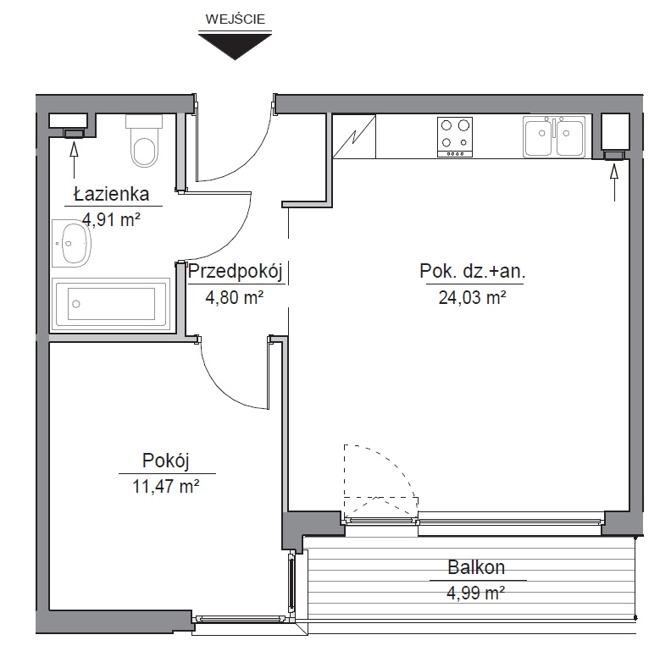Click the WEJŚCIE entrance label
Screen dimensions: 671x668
coord(235,19)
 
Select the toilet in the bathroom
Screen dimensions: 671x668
coord(144,141)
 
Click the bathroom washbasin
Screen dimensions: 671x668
coord(72,244)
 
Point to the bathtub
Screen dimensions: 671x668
coord(110,304)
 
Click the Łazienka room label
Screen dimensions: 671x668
coord(112,195)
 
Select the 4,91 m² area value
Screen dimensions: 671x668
coord(112,220)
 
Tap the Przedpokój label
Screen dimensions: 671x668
coord(235,272)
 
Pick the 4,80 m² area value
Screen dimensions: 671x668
coord(235,297)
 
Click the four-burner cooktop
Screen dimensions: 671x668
coord(455,137)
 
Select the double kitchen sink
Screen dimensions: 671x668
coord(554,136)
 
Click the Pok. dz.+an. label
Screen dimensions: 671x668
coord(473,271)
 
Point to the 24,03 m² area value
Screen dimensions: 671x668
coord(473,297)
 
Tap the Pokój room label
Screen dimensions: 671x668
coord(165,461)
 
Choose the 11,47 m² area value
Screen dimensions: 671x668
coord(165,486)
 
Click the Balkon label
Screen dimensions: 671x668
coord(476,567)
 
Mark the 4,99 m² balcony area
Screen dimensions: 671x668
coord(476,593)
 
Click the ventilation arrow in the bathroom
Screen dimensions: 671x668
coord(74,160)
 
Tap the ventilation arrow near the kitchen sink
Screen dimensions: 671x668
coord(614,183)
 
